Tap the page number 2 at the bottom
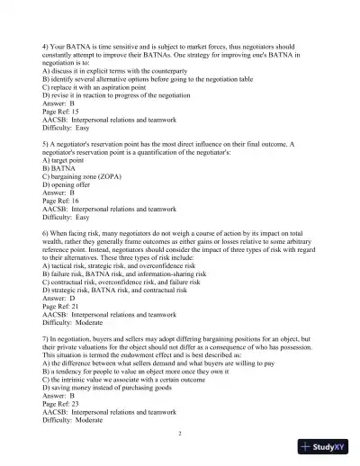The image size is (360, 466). (180, 433)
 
